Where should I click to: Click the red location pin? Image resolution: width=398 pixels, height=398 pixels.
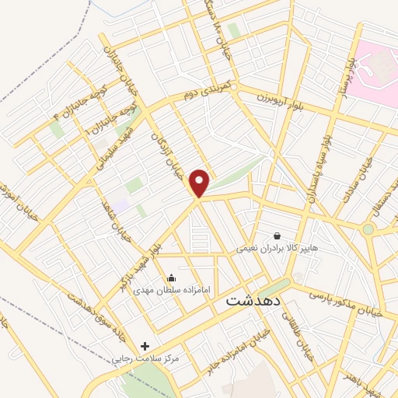[200, 182]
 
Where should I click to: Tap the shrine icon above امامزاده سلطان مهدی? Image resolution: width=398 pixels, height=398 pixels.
[171, 278]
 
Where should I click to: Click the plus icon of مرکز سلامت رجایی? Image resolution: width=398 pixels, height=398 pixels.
[145, 346]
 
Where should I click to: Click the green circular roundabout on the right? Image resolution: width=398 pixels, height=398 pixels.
[368, 229]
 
